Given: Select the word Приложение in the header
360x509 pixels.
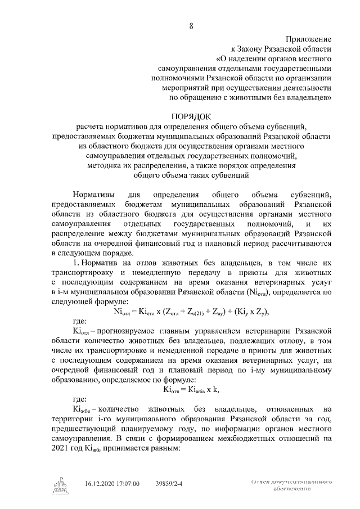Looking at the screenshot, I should pos(309,39).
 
